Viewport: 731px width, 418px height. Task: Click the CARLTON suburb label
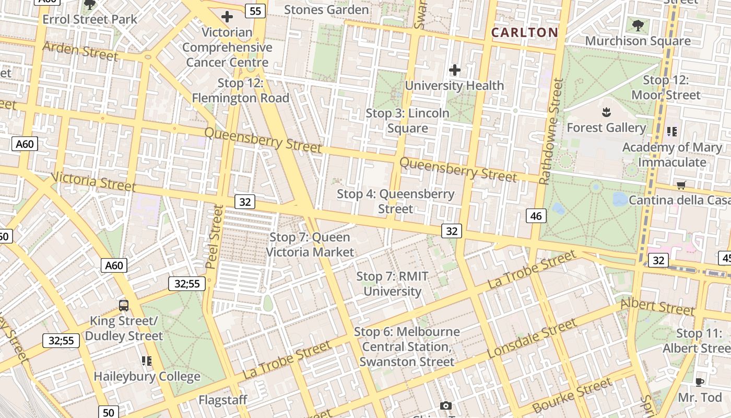coord(525,32)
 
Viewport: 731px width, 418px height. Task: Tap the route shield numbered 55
coord(255,10)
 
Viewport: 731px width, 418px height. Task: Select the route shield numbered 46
coord(537,215)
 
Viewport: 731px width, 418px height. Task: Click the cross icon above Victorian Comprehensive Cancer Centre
coord(227,17)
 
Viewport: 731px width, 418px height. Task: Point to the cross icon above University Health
coord(455,69)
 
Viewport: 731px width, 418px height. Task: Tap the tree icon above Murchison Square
coord(638,25)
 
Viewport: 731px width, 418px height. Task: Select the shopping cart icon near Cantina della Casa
coord(681,185)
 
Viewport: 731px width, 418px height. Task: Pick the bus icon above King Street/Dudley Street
coord(124,306)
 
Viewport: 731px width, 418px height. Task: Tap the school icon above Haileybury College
coord(147,361)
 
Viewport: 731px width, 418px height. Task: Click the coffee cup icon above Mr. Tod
coord(699,382)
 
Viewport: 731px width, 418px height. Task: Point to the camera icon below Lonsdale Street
coord(445,405)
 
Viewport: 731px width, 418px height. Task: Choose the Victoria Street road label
coord(93,181)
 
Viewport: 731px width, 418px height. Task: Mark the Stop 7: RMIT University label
coord(392,284)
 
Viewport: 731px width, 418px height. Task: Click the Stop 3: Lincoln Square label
coord(407,121)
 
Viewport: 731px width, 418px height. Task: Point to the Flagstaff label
coord(222,400)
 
